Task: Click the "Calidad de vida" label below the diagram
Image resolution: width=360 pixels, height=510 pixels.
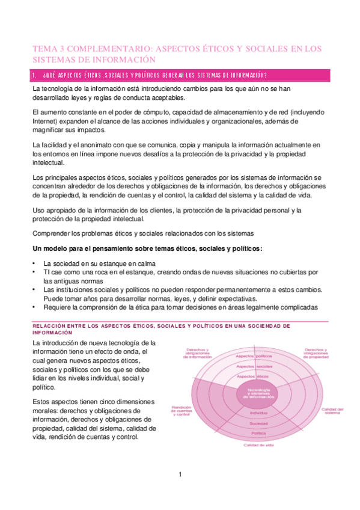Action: [258, 446]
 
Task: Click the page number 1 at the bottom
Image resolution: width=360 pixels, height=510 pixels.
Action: [180, 475]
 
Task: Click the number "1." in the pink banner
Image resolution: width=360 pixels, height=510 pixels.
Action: [35, 75]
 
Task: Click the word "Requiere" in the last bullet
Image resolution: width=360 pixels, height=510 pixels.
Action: [58, 307]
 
